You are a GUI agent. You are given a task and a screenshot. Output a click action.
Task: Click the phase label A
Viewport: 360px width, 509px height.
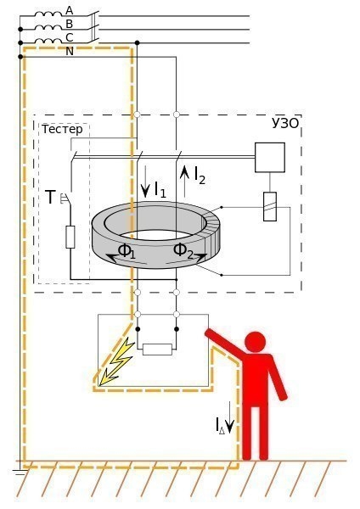pyautogui.click(x=70, y=11)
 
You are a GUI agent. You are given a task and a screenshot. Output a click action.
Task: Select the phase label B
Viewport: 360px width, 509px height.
pyautogui.click(x=70, y=24)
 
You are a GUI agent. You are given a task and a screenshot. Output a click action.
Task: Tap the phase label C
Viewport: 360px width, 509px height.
pyautogui.click(x=70, y=37)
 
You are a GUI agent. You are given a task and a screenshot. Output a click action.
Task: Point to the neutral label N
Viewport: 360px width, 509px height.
pyautogui.click(x=70, y=51)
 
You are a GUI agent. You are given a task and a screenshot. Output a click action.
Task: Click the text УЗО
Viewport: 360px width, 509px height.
pyautogui.click(x=285, y=124)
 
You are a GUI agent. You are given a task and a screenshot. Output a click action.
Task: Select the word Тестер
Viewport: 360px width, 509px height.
pyautogui.click(x=62, y=130)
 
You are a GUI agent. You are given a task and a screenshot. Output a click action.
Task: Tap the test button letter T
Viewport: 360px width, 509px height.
pyautogui.click(x=50, y=198)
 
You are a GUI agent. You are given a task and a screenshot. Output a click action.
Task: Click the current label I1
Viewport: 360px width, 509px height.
pyautogui.click(x=160, y=190)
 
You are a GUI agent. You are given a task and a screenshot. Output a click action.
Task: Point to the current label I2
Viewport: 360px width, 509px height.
pyautogui.click(x=200, y=176)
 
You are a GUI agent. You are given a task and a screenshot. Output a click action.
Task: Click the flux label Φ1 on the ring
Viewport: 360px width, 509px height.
pyautogui.click(x=127, y=251)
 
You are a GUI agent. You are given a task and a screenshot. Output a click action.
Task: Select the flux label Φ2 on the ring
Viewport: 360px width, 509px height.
pyautogui.click(x=183, y=251)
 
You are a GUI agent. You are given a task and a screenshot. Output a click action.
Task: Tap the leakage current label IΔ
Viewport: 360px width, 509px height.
pyautogui.click(x=220, y=426)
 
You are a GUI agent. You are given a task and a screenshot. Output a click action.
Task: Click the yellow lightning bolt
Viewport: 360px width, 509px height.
pyautogui.click(x=116, y=361)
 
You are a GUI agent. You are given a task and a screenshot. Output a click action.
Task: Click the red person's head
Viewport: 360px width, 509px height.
pyautogui.click(x=256, y=342)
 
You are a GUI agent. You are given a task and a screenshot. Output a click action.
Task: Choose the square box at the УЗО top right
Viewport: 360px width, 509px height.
pyautogui.click(x=270, y=158)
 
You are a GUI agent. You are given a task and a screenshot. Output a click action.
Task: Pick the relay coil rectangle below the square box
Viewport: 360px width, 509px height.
pyautogui.click(x=270, y=206)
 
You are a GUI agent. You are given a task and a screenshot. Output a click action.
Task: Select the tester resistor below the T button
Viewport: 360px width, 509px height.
pyautogui.click(x=70, y=238)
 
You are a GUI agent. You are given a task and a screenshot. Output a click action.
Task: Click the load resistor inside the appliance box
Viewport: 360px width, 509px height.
pyautogui.click(x=157, y=350)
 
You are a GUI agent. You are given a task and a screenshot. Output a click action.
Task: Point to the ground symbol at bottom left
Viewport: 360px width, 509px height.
pyautogui.click(x=20, y=473)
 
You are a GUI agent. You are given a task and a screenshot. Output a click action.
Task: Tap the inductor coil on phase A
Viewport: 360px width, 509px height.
pyautogui.click(x=48, y=14)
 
